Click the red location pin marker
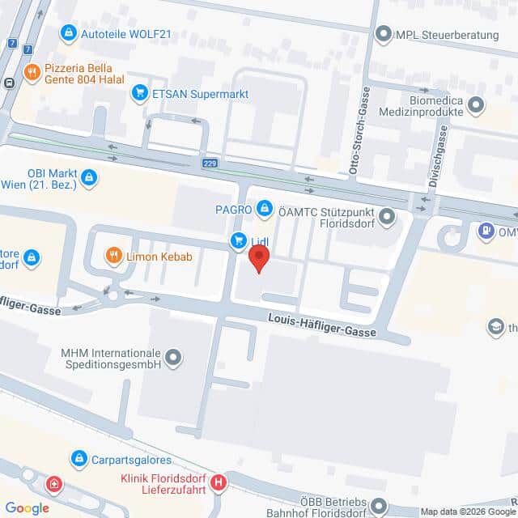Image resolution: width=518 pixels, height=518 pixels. click(x=258, y=258)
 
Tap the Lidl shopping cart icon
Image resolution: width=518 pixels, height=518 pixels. click(x=239, y=240)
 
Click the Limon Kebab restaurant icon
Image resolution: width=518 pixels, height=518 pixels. click(x=113, y=257)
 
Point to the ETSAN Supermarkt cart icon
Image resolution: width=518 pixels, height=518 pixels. click(x=140, y=93)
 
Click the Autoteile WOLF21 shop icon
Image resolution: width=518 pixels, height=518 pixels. click(x=69, y=33)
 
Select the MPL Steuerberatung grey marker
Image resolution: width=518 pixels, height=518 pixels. click(x=383, y=34)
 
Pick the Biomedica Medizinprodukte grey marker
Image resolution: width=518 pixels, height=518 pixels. click(x=476, y=104)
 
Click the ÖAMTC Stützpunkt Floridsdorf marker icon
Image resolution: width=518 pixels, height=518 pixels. click(x=387, y=216)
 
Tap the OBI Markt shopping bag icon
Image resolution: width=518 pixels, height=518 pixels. click(x=89, y=176)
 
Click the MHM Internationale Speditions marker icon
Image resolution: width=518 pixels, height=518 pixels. click(x=172, y=356)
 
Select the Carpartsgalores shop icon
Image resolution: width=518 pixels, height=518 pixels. click(x=79, y=459)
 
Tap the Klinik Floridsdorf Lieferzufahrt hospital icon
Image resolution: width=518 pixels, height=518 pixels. click(x=218, y=483)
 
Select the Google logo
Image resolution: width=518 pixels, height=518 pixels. click(x=27, y=507)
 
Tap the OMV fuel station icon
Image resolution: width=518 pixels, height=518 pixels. click(x=486, y=231)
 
